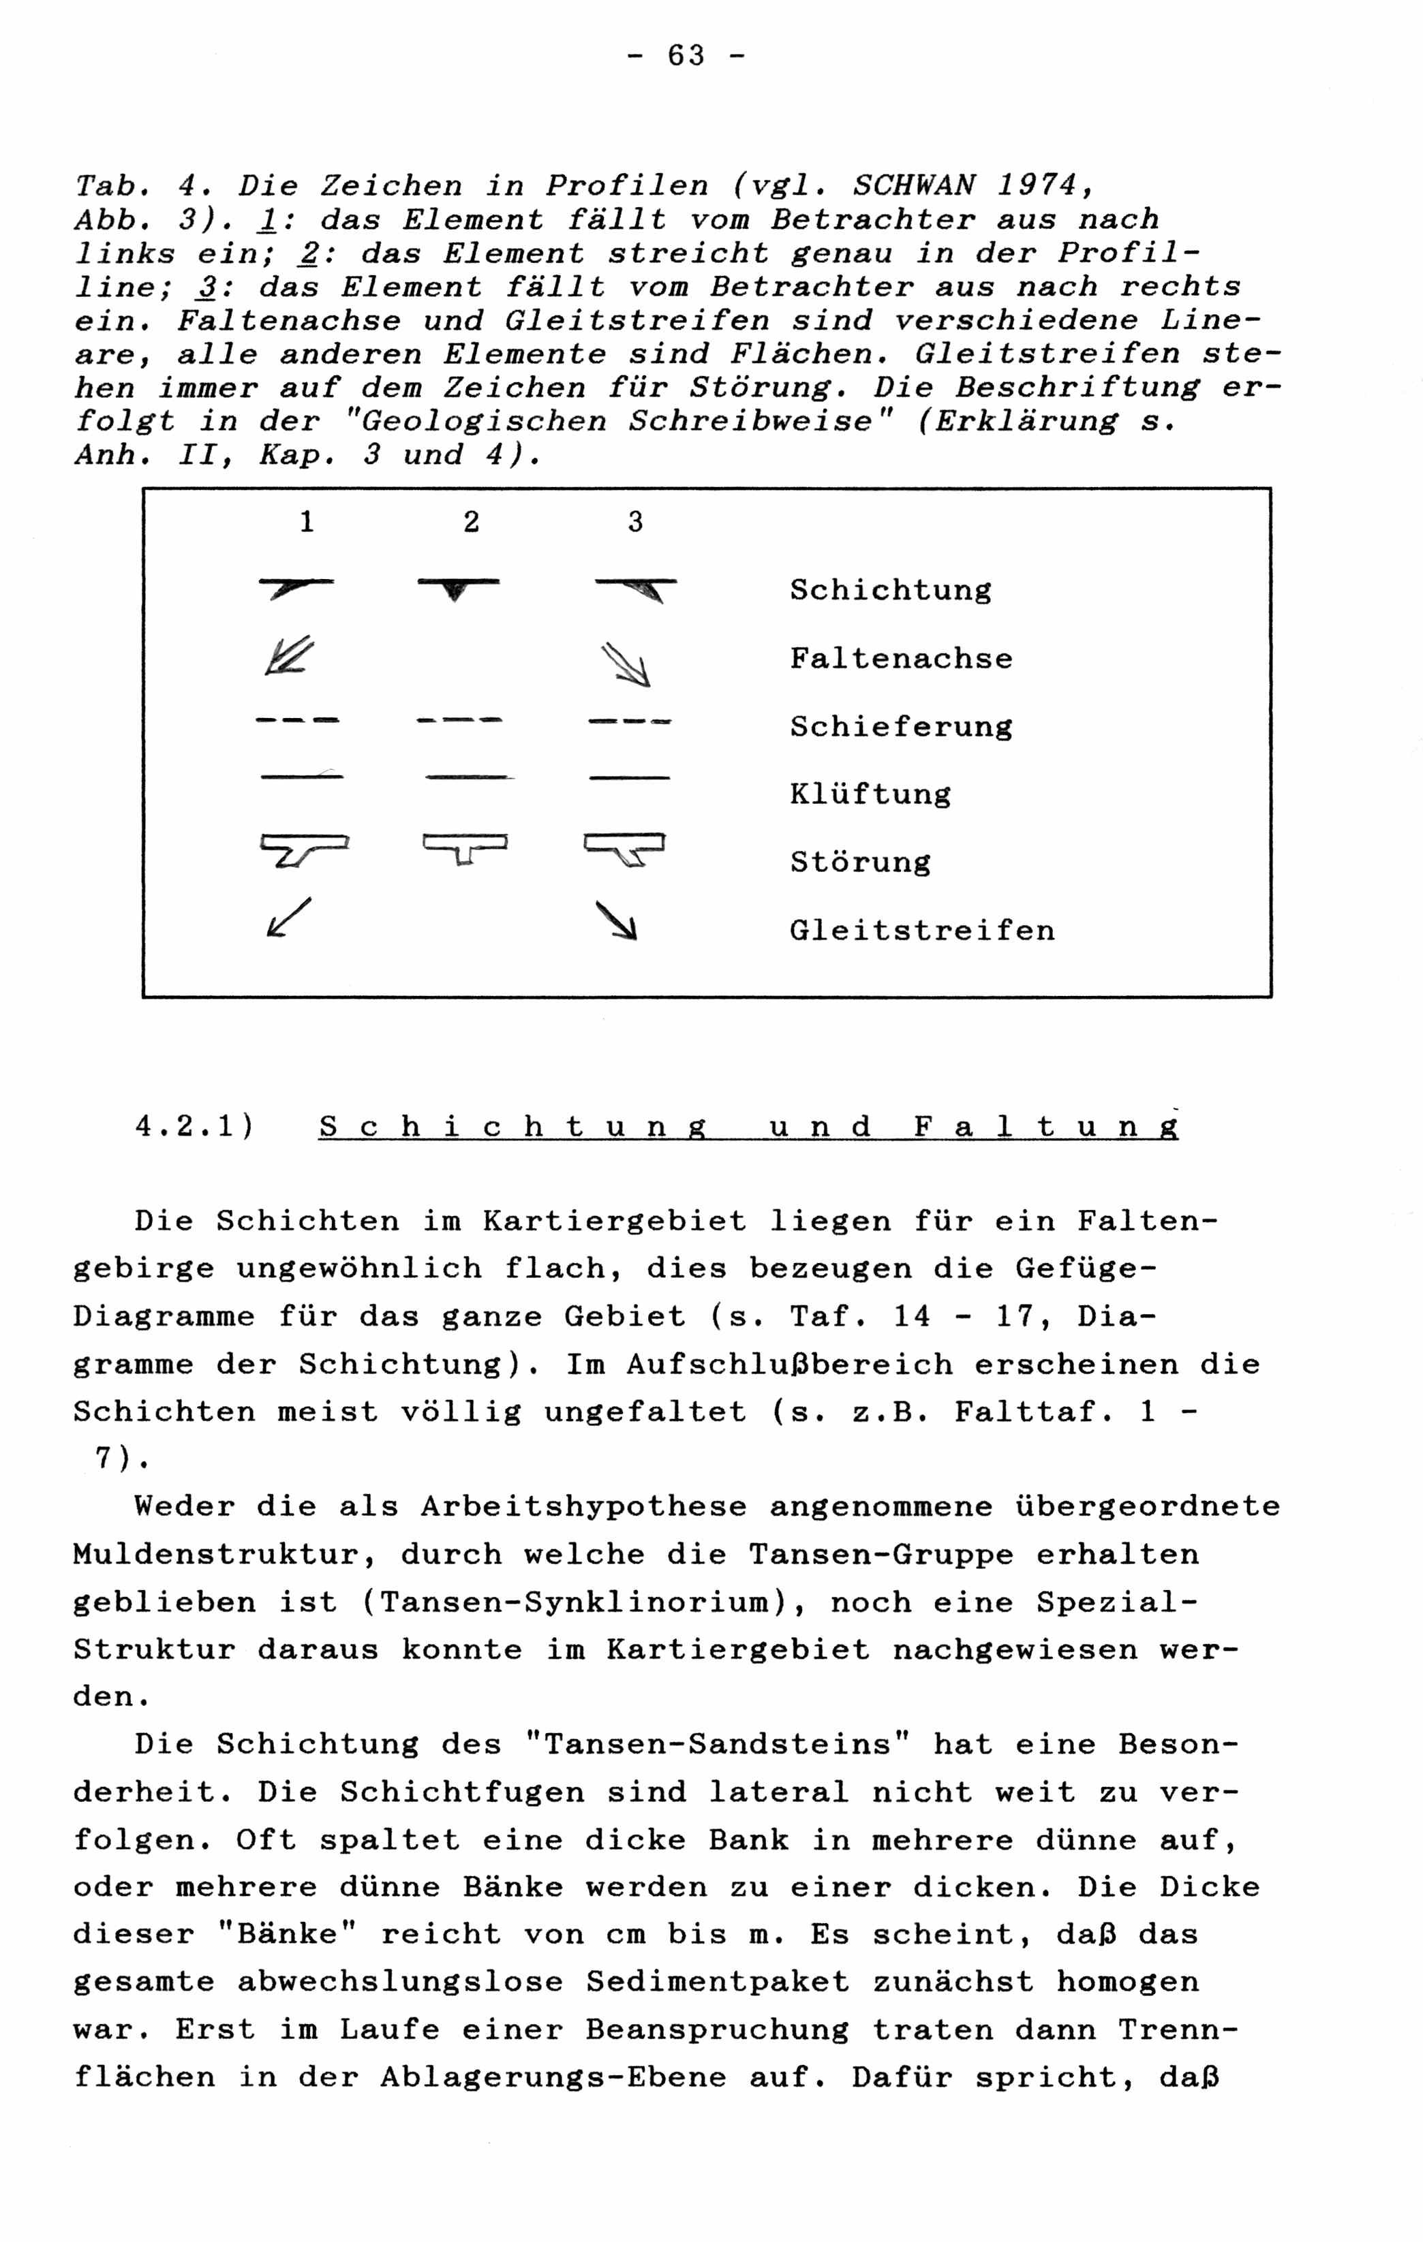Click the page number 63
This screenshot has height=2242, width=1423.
tap(686, 57)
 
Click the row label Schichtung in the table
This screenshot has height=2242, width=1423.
tap(890, 590)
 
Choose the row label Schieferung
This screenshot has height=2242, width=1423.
tap(900, 727)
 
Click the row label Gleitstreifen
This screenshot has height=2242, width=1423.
tap(922, 930)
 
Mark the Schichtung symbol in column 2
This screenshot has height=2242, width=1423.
tap(457, 587)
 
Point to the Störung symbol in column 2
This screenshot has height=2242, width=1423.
tap(465, 848)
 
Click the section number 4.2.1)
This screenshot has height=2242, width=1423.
tap(194, 1127)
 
